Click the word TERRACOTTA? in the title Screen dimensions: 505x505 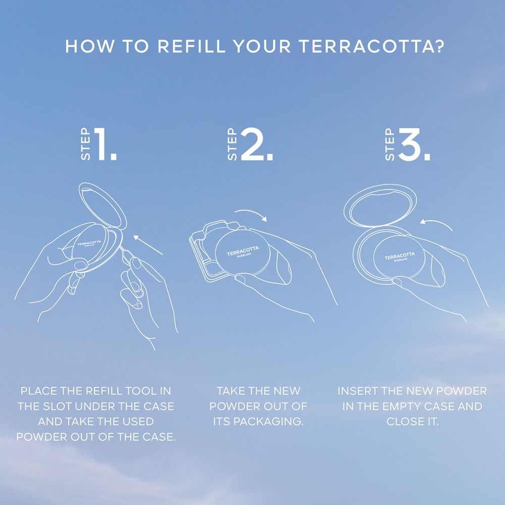372,46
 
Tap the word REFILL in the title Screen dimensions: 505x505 191,46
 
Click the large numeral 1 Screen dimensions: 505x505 106,144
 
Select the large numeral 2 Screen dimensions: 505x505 257,144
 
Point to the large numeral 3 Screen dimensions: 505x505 414,144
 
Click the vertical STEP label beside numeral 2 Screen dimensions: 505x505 232,144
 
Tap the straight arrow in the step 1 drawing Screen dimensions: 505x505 148,245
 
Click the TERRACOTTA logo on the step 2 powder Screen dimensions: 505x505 243,251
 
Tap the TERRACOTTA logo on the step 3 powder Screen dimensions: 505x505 399,256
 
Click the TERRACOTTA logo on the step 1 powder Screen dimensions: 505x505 89,243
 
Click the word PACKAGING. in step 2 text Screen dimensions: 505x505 269,422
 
